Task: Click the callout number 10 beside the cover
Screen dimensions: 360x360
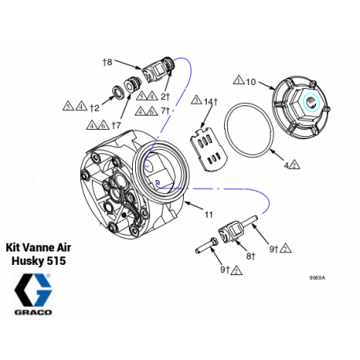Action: point(252,81)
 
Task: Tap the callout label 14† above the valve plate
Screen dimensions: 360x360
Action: point(209,101)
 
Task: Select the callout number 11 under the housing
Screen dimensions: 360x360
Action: point(209,214)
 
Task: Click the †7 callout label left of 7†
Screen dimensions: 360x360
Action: point(116,124)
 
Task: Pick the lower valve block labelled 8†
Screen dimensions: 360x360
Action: point(232,233)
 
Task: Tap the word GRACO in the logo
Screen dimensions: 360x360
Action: point(34,312)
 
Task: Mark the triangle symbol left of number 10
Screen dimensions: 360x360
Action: point(238,81)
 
